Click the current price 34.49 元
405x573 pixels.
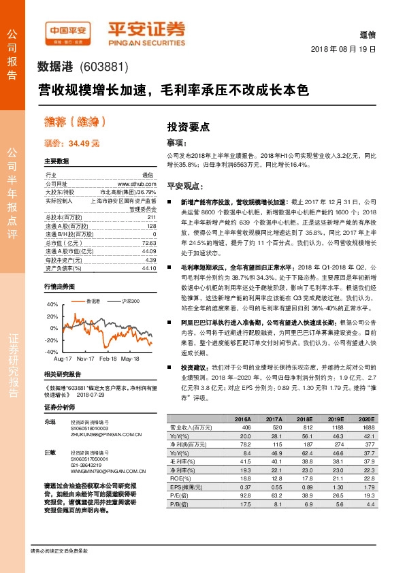pos(71,144)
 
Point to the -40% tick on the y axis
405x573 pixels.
pos(52,351)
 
